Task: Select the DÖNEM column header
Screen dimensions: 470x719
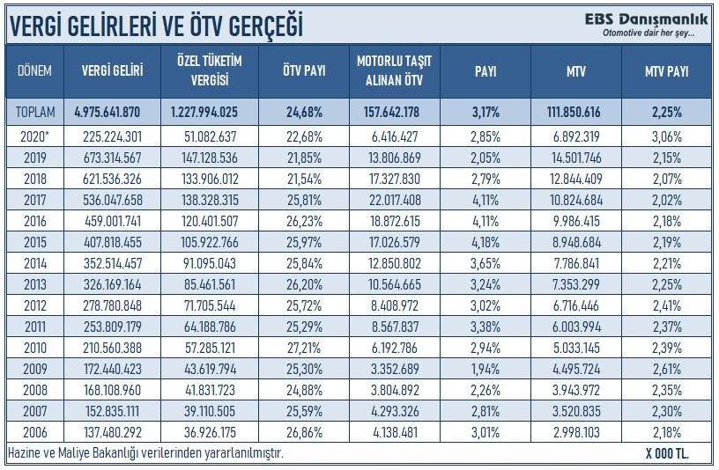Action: (x=34, y=70)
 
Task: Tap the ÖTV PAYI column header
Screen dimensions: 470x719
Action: (x=304, y=70)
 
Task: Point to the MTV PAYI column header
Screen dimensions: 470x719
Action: (x=667, y=70)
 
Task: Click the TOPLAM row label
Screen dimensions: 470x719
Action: (x=34, y=112)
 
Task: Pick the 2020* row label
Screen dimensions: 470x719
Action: (x=34, y=136)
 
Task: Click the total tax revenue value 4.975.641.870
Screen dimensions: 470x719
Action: (x=107, y=112)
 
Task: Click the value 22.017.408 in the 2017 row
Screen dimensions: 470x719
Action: (x=395, y=199)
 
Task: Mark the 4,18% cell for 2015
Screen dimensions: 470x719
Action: (x=486, y=241)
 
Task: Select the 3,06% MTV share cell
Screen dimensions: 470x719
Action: (x=667, y=136)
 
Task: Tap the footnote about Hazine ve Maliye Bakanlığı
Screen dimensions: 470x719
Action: (x=145, y=452)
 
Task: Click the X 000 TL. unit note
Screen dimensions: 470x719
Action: (x=667, y=453)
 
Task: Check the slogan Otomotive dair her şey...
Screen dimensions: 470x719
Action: (x=649, y=33)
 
